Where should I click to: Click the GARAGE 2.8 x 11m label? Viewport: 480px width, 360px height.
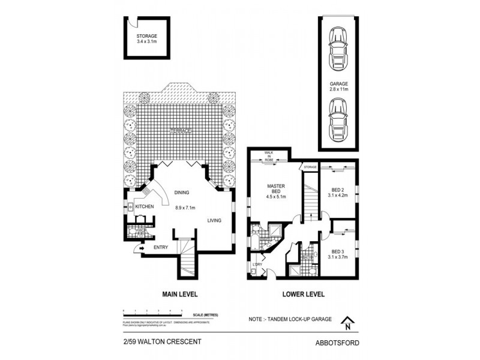tap(338, 86)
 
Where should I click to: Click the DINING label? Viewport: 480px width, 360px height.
tap(182, 193)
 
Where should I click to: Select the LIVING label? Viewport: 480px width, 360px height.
tap(215, 221)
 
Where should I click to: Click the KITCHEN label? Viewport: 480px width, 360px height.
tap(145, 207)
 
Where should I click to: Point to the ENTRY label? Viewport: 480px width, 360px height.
tap(161, 247)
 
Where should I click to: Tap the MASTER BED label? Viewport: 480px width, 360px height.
tap(276, 190)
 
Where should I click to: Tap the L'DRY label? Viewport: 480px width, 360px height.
tap(257, 265)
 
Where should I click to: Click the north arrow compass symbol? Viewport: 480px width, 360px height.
tap(347, 324)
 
